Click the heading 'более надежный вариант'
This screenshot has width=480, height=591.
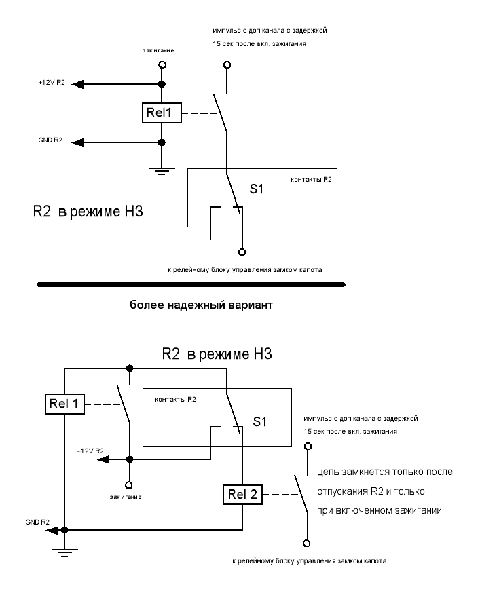[201, 305]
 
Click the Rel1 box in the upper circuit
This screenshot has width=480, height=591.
[162, 113]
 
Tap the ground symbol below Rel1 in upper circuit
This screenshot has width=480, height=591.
[162, 172]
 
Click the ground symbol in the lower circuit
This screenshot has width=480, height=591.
[64, 552]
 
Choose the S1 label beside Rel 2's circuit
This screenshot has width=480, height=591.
[259, 421]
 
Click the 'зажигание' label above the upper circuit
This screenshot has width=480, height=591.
[158, 50]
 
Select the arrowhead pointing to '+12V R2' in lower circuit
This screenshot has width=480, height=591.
[103, 459]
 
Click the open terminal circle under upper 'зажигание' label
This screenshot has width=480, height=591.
[162, 65]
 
